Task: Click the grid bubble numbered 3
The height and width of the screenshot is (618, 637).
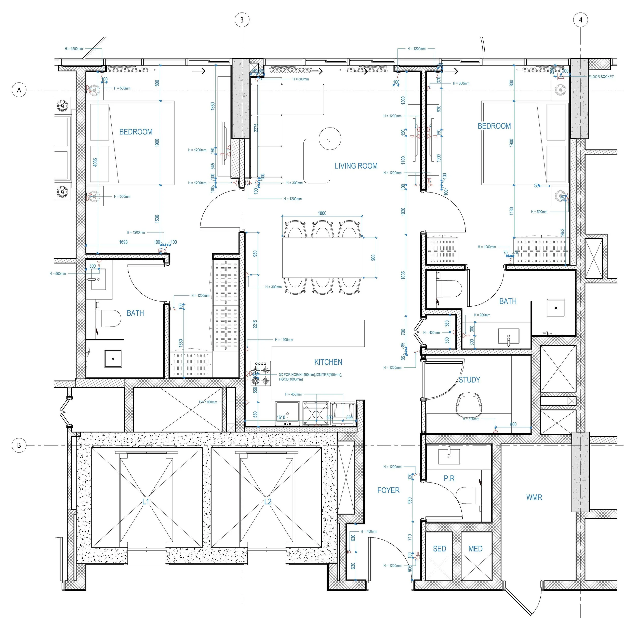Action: pos(242,20)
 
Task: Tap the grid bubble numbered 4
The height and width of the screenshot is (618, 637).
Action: pos(580,20)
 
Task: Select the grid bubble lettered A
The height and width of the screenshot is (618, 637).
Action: pos(19,90)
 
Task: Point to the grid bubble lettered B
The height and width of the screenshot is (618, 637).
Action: pos(19,445)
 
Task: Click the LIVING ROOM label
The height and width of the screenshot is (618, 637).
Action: pos(356,166)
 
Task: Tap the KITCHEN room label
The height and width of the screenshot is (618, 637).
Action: pos(328,362)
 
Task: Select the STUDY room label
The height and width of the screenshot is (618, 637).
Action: pos(469,380)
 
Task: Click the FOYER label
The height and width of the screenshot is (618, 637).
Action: pos(388,490)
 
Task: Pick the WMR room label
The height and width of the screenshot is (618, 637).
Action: pos(534,497)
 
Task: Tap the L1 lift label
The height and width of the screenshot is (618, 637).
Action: pos(145,502)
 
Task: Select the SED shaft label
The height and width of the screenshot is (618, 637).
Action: pos(439,548)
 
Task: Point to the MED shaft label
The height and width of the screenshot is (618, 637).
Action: pos(475,548)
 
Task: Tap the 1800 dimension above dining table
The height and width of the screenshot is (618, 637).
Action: pos(322,213)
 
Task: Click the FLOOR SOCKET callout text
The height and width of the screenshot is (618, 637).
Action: pos(601,77)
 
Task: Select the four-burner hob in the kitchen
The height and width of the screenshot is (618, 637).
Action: pos(261,374)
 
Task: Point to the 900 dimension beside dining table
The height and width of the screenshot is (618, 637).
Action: pos(373,257)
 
